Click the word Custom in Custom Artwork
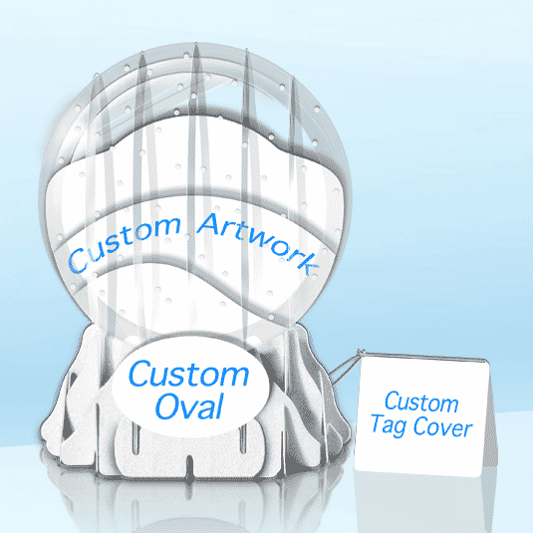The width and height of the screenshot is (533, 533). [125, 244]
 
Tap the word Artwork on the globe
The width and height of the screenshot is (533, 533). [259, 241]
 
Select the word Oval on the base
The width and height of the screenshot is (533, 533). [189, 405]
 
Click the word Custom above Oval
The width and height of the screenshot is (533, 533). [188, 374]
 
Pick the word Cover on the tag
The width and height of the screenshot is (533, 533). [442, 427]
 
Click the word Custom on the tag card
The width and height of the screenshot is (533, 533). [421, 401]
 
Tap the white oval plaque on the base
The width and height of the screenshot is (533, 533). [190, 387]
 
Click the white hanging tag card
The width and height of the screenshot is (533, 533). [421, 414]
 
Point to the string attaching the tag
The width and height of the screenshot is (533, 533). [345, 369]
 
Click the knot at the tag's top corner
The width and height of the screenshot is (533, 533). [361, 354]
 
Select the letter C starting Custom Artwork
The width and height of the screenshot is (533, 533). [77, 261]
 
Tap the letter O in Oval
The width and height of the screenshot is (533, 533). [167, 406]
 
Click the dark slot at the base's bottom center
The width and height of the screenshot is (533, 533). [189, 466]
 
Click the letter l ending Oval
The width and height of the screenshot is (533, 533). [219, 405]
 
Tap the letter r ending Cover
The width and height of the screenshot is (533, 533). [468, 430]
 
